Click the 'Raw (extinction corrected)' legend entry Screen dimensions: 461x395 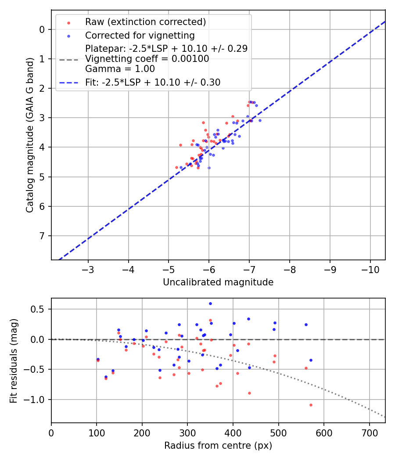coord(145,22)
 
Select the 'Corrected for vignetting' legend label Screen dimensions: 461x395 coord(140,35)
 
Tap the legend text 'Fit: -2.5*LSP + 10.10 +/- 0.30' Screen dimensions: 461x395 coord(153,82)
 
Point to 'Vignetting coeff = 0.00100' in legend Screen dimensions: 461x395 coord(147,59)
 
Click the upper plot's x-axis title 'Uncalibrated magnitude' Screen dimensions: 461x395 coord(218,282)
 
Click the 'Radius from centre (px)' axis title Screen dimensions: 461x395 coord(218,446)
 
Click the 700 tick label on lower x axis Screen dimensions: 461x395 coord(369,432)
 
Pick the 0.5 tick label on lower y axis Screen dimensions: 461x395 coord(39,309)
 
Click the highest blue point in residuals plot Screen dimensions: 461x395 coord(210,303)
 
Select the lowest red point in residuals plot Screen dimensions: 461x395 coord(311,405)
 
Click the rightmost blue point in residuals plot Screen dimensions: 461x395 coord(311,360)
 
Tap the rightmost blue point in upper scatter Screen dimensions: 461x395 coord(260,120)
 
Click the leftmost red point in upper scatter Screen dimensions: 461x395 coord(177,167)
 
